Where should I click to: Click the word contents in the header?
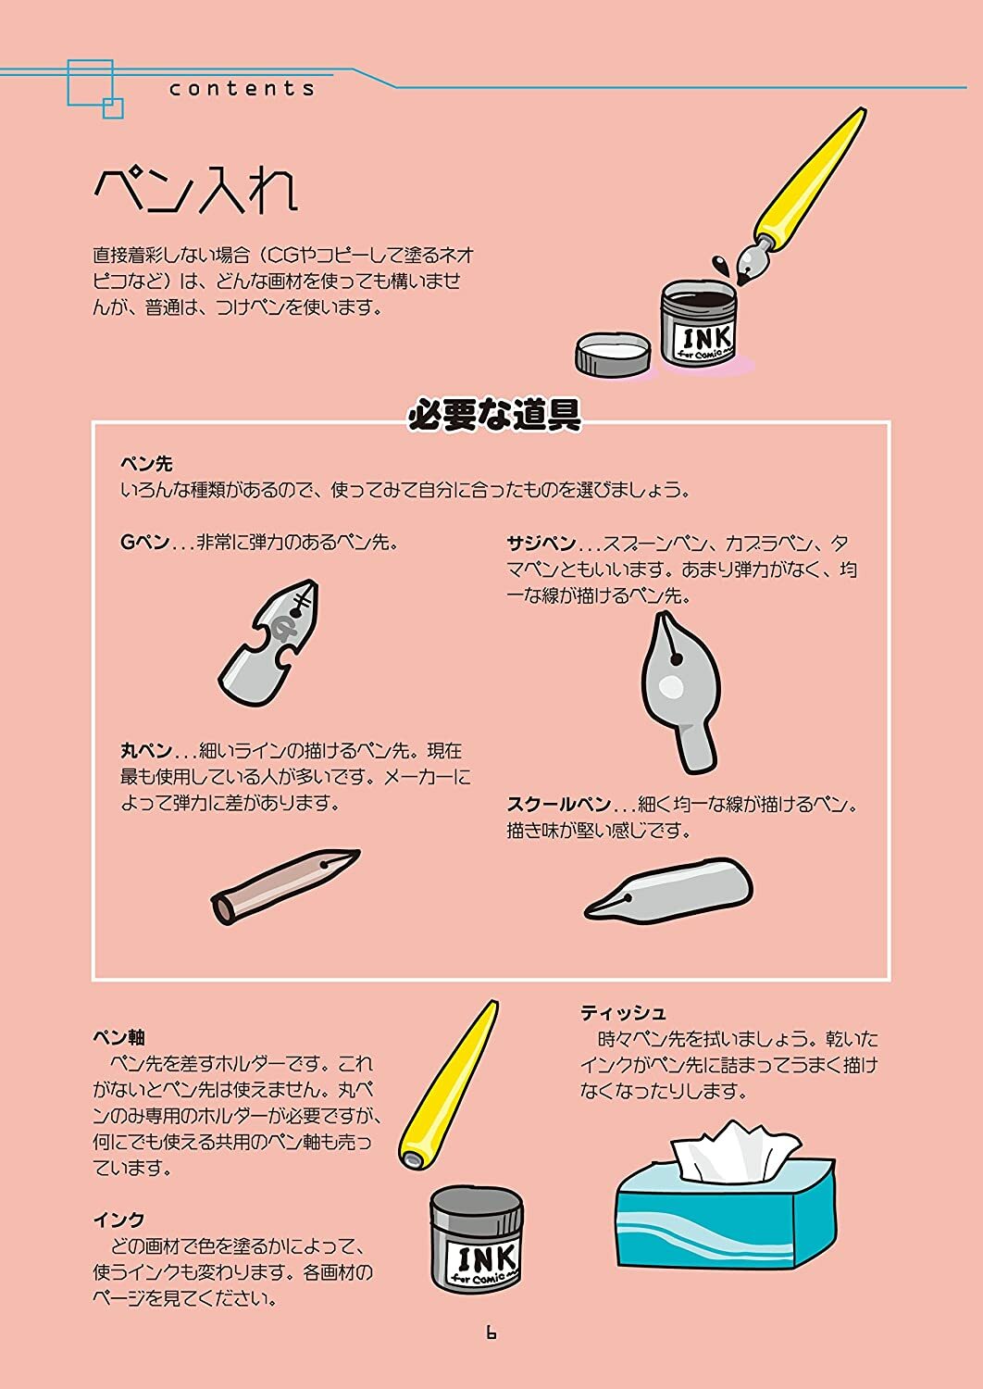click(242, 89)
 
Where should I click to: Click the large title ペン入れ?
click(196, 191)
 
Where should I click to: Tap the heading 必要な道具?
click(494, 414)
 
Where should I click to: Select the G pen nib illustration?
click(268, 643)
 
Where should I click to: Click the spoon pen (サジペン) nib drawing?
click(680, 693)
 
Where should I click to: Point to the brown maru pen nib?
click(285, 887)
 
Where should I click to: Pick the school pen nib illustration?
click(668, 889)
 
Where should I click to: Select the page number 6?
click(491, 1332)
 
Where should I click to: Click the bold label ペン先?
click(146, 464)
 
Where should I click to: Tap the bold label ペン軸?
click(119, 1037)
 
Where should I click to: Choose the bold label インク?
click(119, 1220)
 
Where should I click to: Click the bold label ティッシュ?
click(623, 1013)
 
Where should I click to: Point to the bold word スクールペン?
click(559, 805)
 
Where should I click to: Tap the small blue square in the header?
click(113, 108)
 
